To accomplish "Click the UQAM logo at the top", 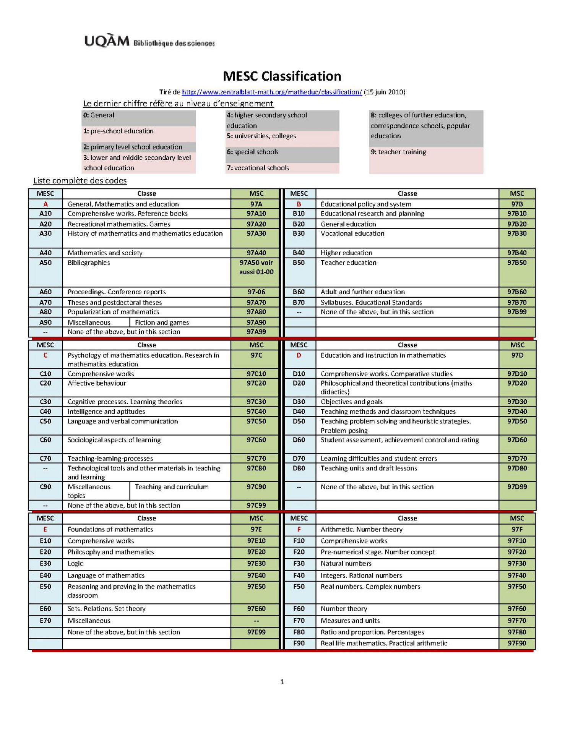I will click(107, 41).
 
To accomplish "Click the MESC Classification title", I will click(282, 76).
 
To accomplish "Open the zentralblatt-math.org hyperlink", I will click(272, 92).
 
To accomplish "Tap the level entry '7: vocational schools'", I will click(258, 168).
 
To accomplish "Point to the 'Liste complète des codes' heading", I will click(80, 180).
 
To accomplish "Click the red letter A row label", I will click(45, 204).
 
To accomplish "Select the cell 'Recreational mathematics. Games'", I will click(119, 224).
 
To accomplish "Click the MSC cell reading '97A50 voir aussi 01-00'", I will click(256, 267).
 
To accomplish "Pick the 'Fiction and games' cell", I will click(162, 322).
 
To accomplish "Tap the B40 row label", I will click(299, 253).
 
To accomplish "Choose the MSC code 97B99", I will click(516, 312).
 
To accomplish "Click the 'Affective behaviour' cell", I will click(97, 383).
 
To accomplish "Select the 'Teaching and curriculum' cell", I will click(172, 487).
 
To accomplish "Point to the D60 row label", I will click(299, 440).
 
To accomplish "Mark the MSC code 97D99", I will click(516, 487).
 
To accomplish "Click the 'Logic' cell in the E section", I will click(75, 563).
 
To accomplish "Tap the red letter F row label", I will click(299, 529).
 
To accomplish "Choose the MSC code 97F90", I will click(516, 643).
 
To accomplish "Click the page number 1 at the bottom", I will click(282, 681).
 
